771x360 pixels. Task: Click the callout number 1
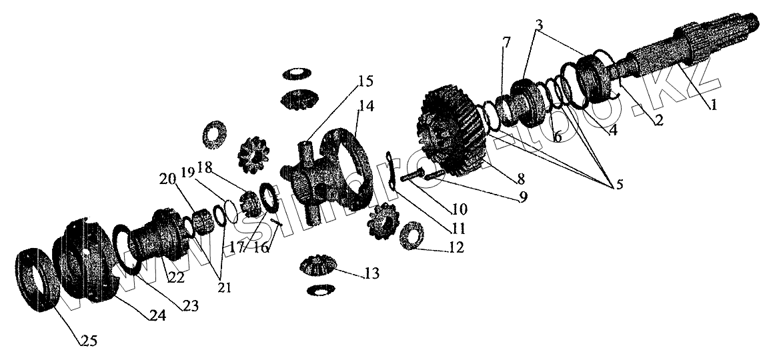pyautogui.click(x=714, y=104)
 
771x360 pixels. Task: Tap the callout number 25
pyautogui.click(x=88, y=341)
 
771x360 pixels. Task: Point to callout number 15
pyautogui.click(x=365, y=81)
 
